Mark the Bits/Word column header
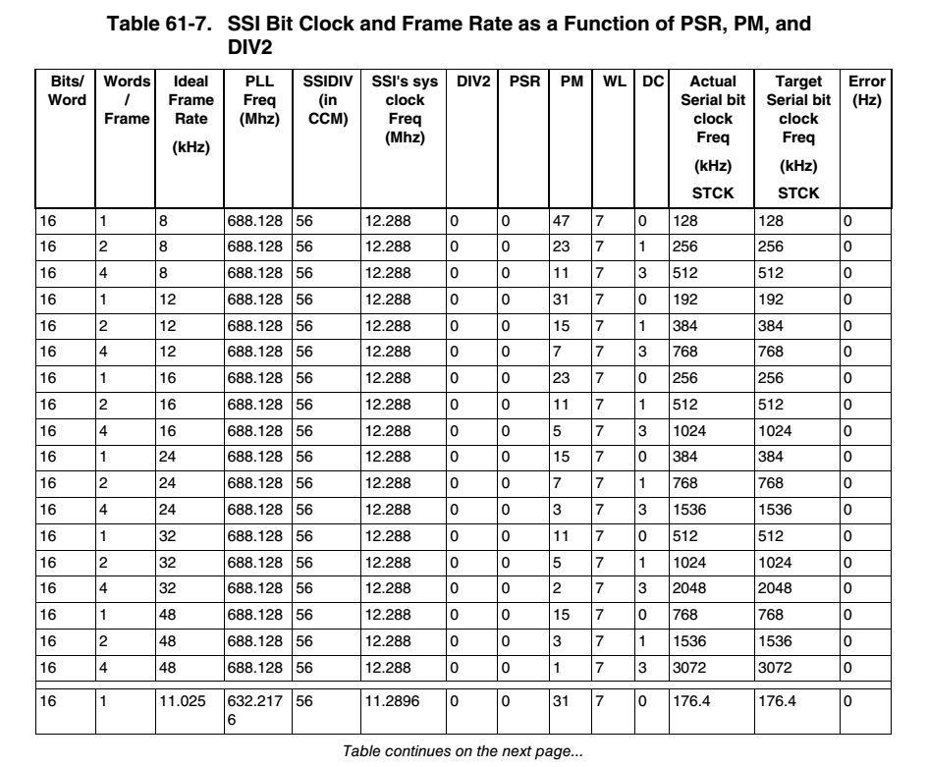[x=62, y=87]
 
